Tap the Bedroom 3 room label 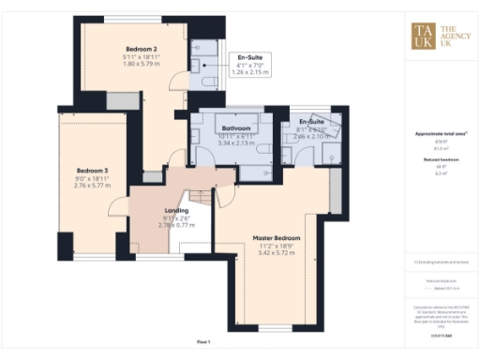click(92, 171)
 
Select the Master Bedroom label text click(277, 238)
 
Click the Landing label click(176, 211)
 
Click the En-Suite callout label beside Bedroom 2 click(249, 56)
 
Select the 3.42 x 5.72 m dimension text click(277, 255)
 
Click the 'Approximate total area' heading click(434, 135)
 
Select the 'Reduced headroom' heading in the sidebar click(434, 160)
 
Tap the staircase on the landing click(199, 196)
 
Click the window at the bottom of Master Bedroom click(275, 327)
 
